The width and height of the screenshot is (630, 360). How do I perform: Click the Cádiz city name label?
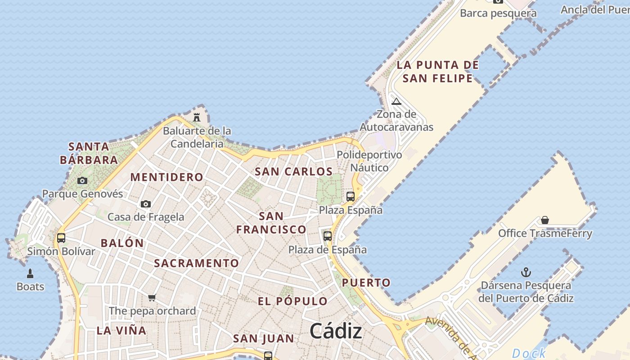[336, 331]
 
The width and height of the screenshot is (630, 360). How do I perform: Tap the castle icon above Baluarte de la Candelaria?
[197, 117]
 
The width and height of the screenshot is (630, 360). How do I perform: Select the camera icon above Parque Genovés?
[82, 180]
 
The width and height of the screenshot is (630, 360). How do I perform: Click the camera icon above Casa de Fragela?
[145, 204]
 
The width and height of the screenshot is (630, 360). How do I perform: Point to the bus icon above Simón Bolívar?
[61, 238]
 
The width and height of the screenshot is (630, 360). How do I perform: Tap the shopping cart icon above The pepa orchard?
[152, 297]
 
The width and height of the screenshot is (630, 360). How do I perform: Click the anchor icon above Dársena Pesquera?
[526, 272]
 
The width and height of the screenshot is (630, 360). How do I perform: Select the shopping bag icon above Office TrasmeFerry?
[545, 220]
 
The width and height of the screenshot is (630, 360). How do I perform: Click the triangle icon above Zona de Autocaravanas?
[396, 101]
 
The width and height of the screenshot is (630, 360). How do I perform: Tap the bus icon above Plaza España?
[351, 196]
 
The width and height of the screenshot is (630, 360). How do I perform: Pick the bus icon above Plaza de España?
[328, 236]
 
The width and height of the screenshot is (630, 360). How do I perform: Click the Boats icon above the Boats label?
[30, 273]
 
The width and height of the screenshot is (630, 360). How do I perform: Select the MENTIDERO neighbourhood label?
[166, 177]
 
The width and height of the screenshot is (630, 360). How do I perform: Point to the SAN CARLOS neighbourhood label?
[293, 171]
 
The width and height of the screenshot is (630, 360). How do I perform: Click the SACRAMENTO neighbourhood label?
[197, 263]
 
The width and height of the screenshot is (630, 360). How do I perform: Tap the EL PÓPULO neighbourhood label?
[292, 301]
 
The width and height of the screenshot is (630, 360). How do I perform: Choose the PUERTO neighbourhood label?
[366, 283]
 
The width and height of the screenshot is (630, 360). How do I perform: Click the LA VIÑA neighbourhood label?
[121, 330]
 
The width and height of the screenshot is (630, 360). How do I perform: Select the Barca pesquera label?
[498, 13]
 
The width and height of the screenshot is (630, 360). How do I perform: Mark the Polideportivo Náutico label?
[369, 161]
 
